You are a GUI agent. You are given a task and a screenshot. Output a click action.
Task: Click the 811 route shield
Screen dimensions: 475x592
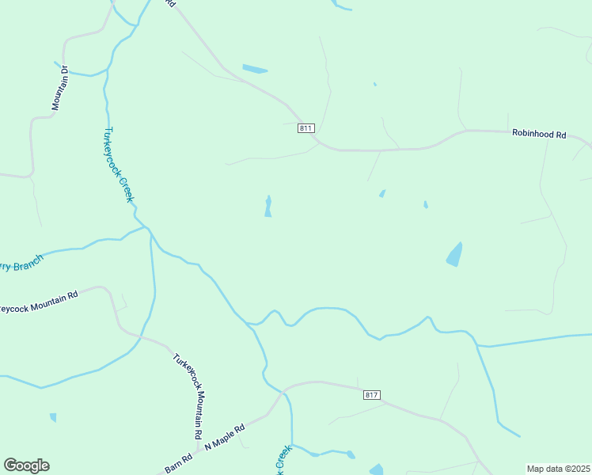pos(307,127)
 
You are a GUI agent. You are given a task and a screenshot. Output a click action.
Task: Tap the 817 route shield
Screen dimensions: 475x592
pos(373,394)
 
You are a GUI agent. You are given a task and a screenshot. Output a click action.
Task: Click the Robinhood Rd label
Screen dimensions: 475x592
pos(539,135)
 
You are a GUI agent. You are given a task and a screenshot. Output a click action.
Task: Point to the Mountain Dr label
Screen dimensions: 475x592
pos(60,87)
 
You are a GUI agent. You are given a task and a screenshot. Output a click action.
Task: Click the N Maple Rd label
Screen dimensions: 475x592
pos(225,437)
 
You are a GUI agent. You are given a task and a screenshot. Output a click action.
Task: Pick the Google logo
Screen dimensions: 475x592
pos(26,465)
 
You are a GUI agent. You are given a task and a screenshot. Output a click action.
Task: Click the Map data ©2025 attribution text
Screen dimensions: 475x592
pos(558,469)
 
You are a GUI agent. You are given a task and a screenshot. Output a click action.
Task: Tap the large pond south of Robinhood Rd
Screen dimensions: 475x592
pos(454,254)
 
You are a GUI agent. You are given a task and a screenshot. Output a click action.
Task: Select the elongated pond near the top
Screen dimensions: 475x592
pos(255,69)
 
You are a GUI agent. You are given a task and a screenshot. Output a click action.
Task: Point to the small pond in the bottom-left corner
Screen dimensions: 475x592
pos(53,417)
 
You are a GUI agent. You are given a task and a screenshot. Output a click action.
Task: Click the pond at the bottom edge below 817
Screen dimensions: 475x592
pos(377,469)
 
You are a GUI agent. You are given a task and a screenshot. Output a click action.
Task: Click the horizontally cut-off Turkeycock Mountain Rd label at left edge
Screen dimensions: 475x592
pos(40,302)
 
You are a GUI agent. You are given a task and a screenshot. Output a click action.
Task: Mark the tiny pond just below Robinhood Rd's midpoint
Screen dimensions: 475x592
pos(382,194)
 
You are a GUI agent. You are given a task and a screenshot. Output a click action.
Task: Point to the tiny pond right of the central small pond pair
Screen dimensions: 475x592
pos(426,205)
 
